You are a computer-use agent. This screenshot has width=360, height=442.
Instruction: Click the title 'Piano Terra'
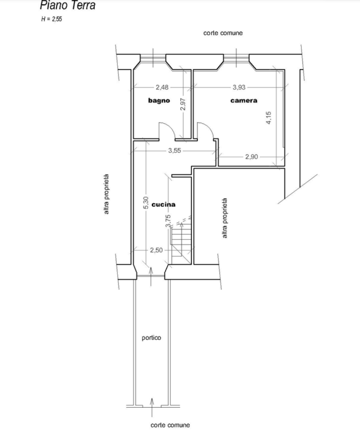(68, 5)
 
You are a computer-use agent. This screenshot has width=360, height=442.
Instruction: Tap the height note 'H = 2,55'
(51, 19)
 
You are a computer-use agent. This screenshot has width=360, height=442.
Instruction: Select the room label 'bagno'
(159, 101)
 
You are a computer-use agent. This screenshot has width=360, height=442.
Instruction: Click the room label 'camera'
(244, 101)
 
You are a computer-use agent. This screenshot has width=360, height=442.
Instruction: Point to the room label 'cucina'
(164, 204)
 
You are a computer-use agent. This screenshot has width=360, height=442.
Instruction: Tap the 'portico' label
(151, 338)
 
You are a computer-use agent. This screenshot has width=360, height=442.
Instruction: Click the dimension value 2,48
(162, 87)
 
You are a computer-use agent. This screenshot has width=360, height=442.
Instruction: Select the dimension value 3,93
(239, 87)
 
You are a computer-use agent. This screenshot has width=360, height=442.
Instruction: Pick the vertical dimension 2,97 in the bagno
(183, 104)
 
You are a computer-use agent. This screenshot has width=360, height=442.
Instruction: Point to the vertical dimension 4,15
(268, 118)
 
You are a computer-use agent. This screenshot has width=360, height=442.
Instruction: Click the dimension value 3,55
(174, 150)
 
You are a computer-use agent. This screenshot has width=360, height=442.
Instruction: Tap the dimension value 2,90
(252, 157)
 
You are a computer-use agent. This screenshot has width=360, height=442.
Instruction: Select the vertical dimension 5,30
(146, 203)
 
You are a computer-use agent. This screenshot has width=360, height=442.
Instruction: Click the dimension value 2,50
(156, 250)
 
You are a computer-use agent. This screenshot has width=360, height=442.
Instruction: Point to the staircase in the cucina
(182, 246)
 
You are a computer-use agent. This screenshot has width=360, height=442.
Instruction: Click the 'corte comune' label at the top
(223, 33)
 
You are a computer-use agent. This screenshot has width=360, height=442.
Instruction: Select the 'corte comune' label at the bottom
(170, 425)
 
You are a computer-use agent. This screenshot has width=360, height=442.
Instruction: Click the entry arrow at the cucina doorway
(151, 276)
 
